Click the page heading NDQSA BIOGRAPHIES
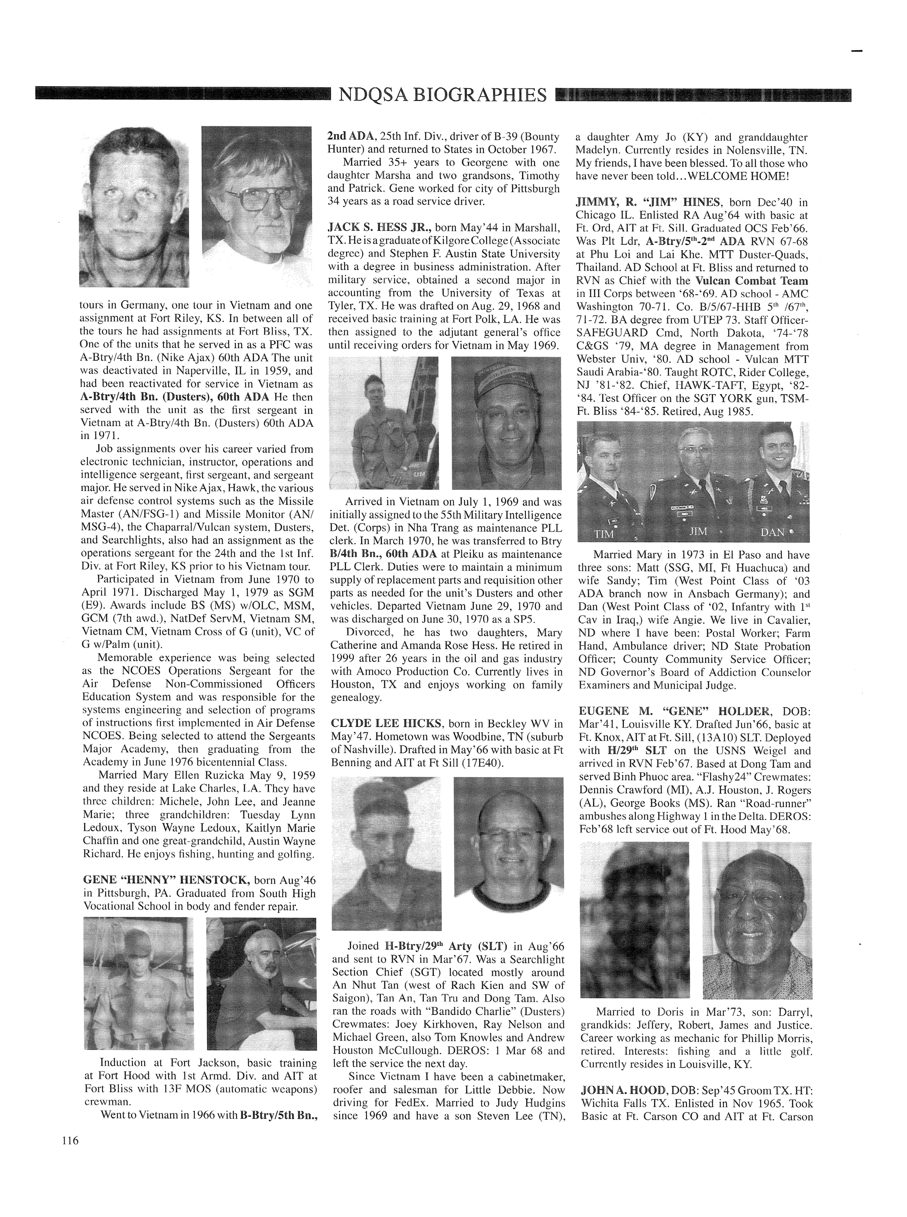[x=442, y=95]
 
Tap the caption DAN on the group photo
[x=772, y=532]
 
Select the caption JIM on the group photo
[x=698, y=532]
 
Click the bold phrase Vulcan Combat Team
[x=752, y=281]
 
